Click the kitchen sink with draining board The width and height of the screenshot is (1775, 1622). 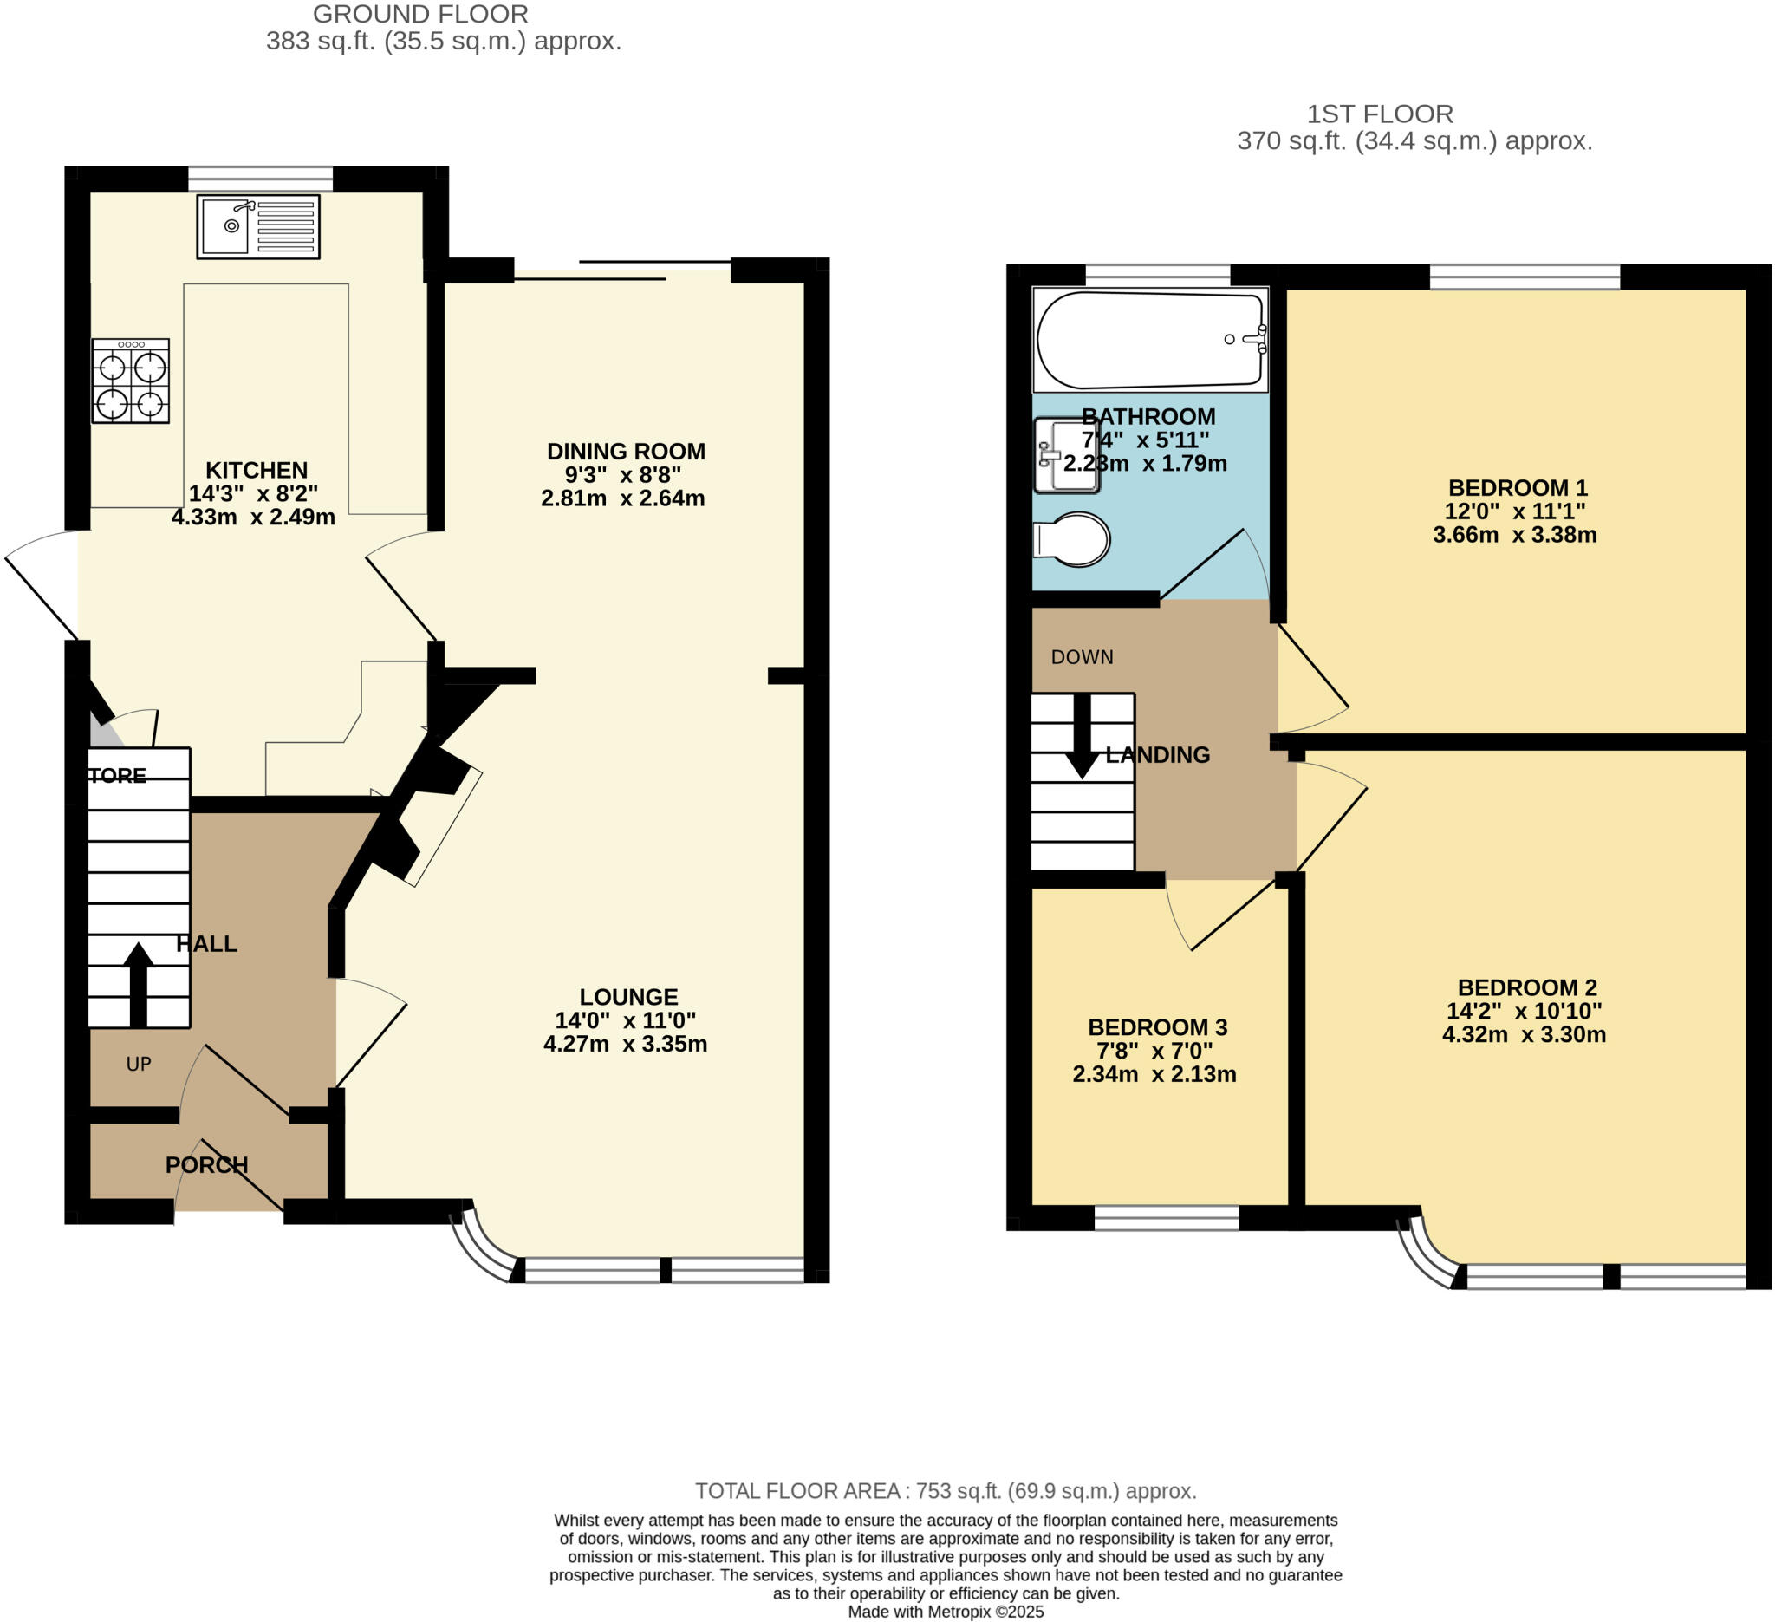pyautogui.click(x=258, y=226)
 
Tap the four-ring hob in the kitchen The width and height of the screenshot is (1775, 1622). pyautogui.click(x=130, y=381)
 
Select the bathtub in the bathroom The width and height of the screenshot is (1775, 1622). pyautogui.click(x=1151, y=340)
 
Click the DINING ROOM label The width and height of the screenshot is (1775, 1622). pyautogui.click(x=626, y=452)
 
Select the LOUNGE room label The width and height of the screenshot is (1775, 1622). pyautogui.click(x=627, y=997)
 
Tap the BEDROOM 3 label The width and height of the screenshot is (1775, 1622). pyautogui.click(x=1157, y=1026)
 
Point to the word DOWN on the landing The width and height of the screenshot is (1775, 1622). pyautogui.click(x=1083, y=657)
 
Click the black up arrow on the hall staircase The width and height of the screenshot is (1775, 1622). pyautogui.click(x=138, y=984)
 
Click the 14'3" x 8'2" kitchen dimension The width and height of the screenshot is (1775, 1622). pyautogui.click(x=253, y=493)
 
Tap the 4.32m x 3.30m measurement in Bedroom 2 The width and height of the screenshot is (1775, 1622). pyautogui.click(x=1523, y=1034)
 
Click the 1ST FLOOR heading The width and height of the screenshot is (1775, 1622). pyautogui.click(x=1379, y=114)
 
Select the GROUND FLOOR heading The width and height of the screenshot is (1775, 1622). pyautogui.click(x=421, y=14)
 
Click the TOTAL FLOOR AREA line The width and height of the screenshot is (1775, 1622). pyautogui.click(x=946, y=1491)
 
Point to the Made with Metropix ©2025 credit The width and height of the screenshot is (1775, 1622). pyautogui.click(x=946, y=1612)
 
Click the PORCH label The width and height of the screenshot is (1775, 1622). pyautogui.click(x=207, y=1165)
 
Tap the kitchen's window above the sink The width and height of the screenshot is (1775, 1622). pyautogui.click(x=261, y=179)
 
